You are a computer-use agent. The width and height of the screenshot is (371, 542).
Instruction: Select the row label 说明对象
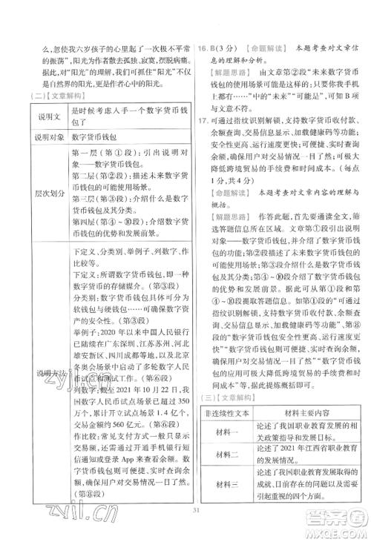point(40,137)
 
